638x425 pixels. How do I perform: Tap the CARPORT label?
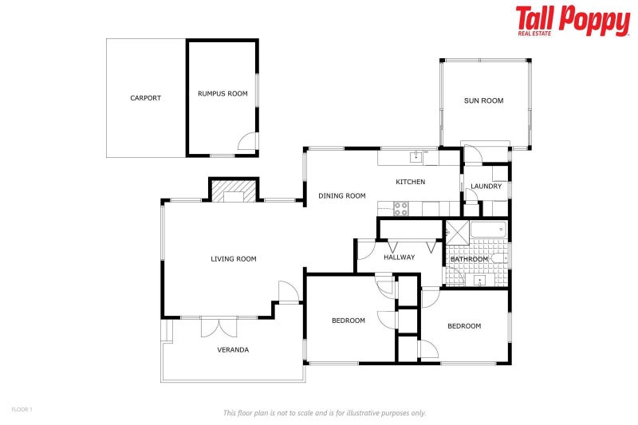click(146, 98)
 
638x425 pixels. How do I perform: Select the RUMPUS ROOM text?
click(223, 93)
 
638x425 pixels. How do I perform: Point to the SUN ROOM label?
click(484, 100)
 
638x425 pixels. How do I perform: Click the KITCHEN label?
click(411, 182)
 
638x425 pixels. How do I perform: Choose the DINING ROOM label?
click(341, 195)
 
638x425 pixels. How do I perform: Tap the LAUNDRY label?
click(486, 187)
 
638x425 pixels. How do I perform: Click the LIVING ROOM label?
click(234, 258)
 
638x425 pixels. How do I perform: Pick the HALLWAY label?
click(400, 257)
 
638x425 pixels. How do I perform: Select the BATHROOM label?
click(469, 259)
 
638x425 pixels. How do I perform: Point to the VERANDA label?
click(234, 349)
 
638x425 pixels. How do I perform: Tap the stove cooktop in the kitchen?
click(400, 209)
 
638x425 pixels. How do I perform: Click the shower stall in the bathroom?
click(457, 231)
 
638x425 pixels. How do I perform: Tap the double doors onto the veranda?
click(219, 325)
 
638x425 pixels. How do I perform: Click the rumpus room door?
click(248, 142)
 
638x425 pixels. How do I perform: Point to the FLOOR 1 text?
click(22, 409)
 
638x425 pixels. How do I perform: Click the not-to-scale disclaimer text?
click(325, 412)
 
